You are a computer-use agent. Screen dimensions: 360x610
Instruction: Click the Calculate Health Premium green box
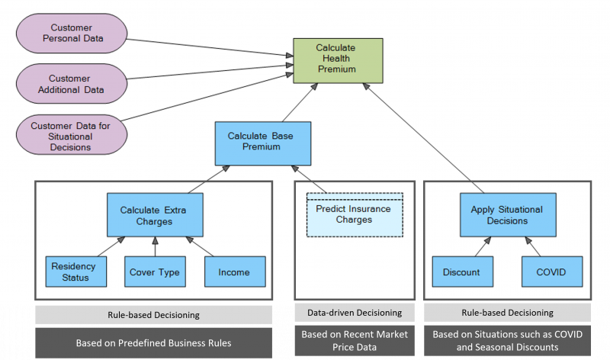pos(335,59)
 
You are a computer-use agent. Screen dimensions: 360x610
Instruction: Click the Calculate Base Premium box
pos(260,142)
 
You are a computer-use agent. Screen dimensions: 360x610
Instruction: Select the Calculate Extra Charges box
pos(156,216)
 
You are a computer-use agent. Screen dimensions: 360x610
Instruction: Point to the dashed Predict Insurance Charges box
pos(353,214)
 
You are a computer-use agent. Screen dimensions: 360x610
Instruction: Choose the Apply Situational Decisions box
pos(506,215)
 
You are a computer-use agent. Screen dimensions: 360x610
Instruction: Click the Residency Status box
pos(73,272)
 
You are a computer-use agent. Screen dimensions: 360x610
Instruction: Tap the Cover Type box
pos(155,272)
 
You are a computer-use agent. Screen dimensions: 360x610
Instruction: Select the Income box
pos(233,272)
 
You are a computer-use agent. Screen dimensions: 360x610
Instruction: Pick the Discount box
pos(461,272)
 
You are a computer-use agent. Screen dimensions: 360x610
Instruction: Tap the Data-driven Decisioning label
pos(354,313)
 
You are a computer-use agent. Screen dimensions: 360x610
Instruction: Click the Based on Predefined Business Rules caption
pos(153,342)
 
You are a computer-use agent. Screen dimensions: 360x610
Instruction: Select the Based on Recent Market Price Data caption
pos(354,342)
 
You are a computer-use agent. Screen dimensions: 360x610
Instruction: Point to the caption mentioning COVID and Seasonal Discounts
pos(506,342)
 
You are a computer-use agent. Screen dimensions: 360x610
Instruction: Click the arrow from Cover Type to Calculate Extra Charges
pos(155,246)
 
